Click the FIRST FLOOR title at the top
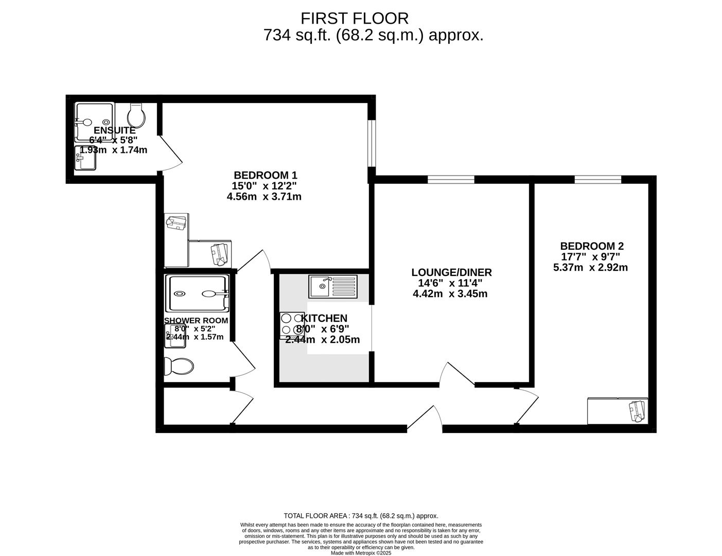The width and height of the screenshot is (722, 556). pos(355,19)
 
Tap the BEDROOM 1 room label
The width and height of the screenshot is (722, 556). pos(265,175)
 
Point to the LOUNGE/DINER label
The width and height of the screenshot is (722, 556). pos(451,272)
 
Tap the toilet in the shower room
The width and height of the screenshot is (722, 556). pos(179,367)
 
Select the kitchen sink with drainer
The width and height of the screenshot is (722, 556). pos(332,286)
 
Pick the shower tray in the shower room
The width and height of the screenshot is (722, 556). pos(197,293)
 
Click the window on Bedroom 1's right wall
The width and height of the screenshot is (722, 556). pos(371,144)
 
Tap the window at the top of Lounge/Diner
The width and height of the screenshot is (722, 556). pos(451,179)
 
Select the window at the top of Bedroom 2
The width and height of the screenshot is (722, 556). pos(597,179)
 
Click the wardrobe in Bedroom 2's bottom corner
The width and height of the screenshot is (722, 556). pos(618,411)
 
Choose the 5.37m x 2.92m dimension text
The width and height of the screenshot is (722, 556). pos(590,268)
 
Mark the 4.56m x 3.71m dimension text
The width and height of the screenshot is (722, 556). pos(263,197)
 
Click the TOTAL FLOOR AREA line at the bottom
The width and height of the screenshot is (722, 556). pos(361,516)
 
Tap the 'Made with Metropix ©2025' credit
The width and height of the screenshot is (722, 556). pos(361,553)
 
